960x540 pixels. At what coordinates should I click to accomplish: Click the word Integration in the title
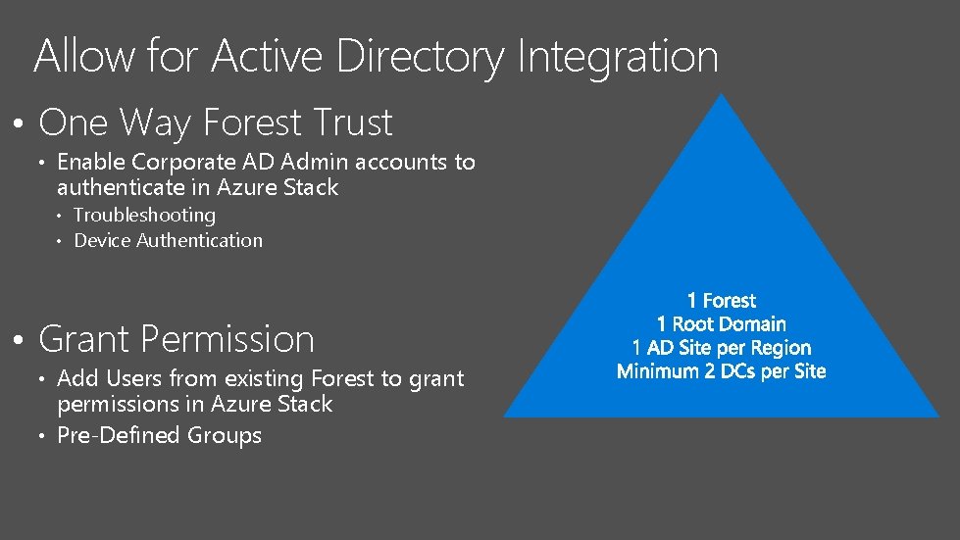(x=617, y=57)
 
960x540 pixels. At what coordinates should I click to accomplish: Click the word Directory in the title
(x=420, y=57)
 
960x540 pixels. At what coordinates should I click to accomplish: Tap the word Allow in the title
(x=83, y=57)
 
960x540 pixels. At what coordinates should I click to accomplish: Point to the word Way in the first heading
(x=157, y=123)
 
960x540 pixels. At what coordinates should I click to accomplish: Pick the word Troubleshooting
(x=144, y=215)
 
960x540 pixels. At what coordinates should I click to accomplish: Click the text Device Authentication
(x=168, y=240)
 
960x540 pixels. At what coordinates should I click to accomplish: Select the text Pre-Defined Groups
(x=159, y=435)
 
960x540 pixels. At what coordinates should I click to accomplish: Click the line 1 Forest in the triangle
(x=722, y=301)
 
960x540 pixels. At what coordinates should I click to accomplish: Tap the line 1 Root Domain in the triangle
(x=722, y=324)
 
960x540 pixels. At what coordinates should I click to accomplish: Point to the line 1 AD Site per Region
(x=722, y=348)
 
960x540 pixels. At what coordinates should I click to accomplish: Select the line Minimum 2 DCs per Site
(x=722, y=371)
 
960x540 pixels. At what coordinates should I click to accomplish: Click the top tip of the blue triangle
(x=721, y=97)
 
